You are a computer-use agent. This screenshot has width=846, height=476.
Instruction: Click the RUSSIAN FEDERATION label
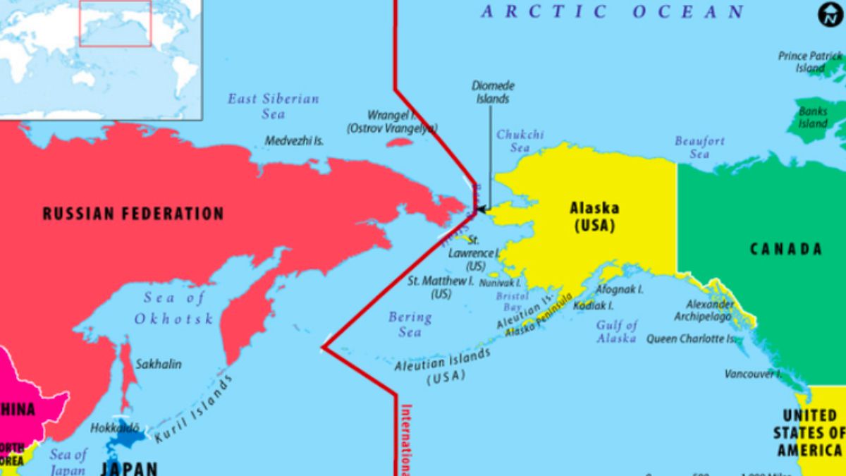click(x=133, y=213)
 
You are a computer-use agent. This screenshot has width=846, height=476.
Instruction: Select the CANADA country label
click(x=785, y=249)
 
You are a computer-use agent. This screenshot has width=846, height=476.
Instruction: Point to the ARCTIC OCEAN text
click(x=613, y=12)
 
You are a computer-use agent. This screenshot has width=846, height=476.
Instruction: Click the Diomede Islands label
click(x=493, y=92)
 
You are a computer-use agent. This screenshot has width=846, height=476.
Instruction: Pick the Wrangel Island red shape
click(x=400, y=142)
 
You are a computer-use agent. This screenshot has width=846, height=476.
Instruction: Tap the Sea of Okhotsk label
click(x=173, y=308)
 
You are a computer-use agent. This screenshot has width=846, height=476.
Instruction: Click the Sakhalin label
click(x=159, y=364)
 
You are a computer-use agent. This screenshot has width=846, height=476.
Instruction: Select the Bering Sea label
click(x=410, y=324)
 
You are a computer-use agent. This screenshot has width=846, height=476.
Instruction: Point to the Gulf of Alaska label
click(x=617, y=331)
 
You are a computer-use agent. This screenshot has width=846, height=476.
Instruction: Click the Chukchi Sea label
click(x=520, y=141)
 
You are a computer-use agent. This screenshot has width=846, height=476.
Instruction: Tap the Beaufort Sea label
click(x=699, y=147)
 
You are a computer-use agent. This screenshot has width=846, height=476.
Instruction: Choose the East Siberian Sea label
click(x=273, y=106)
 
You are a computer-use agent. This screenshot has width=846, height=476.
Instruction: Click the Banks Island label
click(x=813, y=118)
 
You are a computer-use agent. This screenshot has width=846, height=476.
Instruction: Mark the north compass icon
click(x=830, y=15)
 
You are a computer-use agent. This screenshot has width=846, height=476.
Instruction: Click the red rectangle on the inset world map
click(x=115, y=23)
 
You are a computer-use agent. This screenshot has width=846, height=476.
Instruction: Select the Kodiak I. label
click(x=593, y=306)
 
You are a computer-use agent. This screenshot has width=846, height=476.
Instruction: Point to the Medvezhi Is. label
click(x=294, y=141)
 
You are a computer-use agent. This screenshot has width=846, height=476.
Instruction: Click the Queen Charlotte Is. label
click(x=694, y=339)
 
